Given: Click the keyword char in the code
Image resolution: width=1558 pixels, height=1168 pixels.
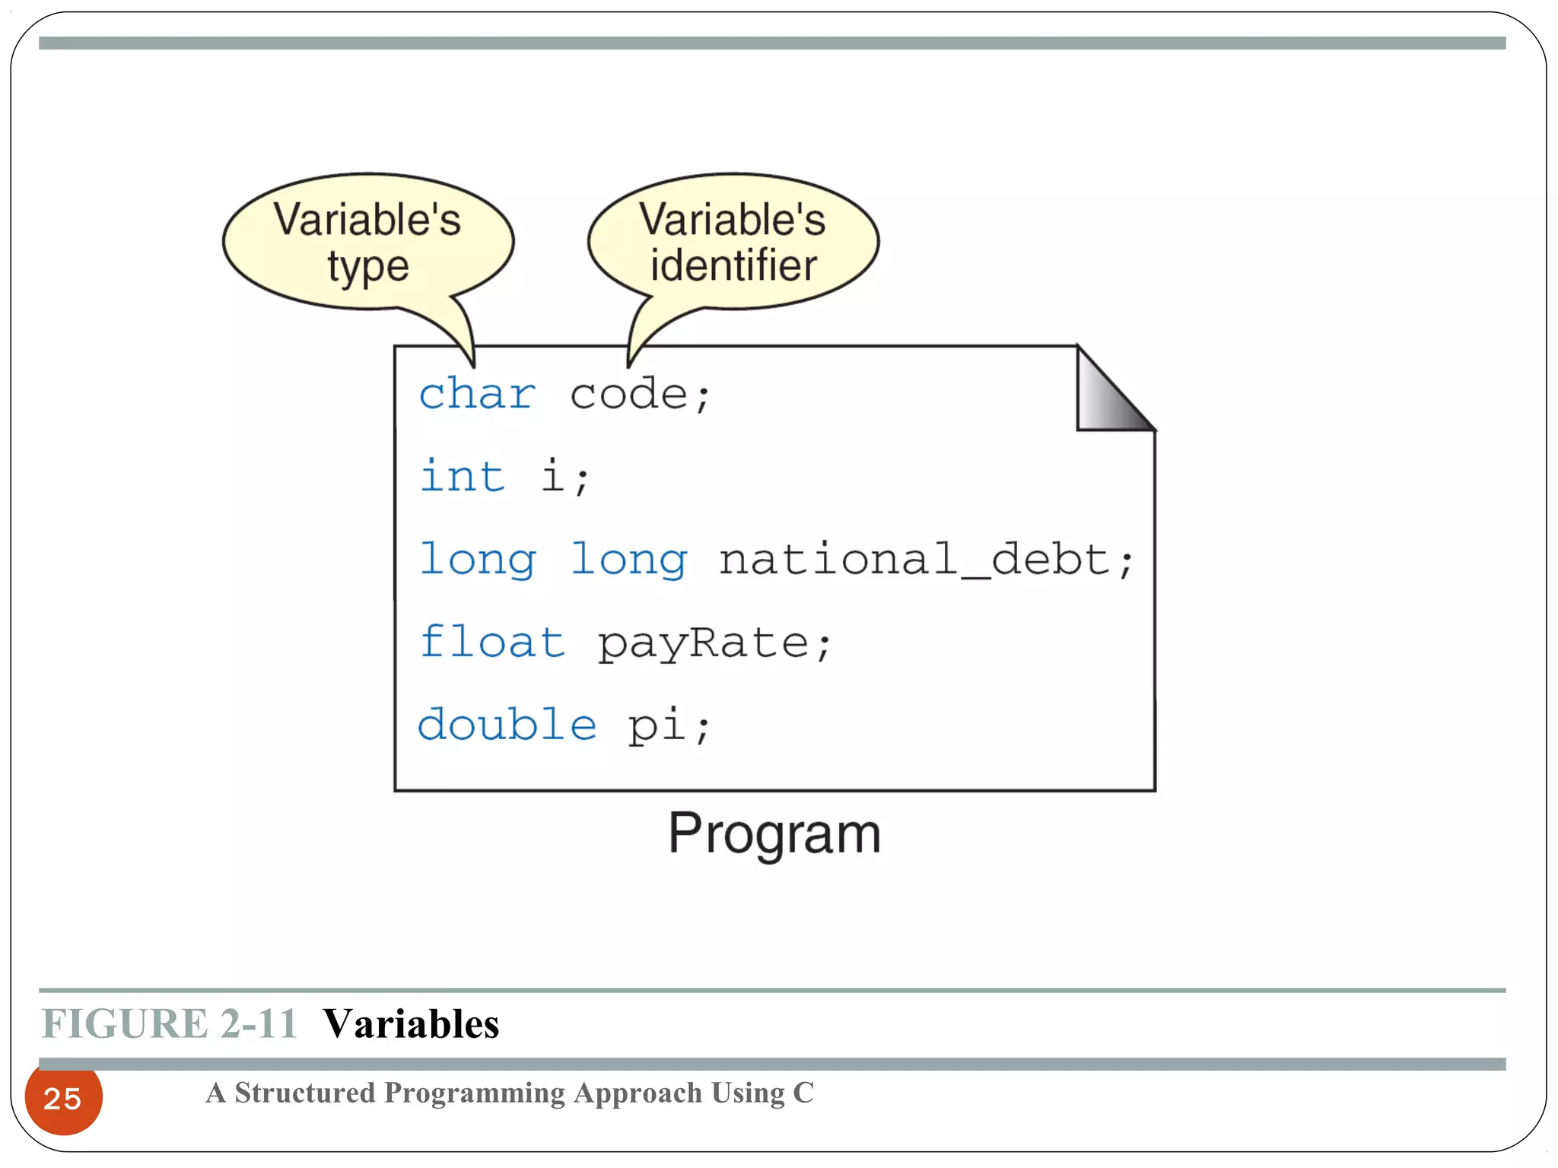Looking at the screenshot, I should pos(477,395).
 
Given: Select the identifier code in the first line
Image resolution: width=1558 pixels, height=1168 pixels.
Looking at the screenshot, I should pos(628,395).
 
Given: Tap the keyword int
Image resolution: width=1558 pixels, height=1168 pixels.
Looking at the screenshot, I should pos(463,477).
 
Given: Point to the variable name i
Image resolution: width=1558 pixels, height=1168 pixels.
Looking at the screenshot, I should pos(553,477).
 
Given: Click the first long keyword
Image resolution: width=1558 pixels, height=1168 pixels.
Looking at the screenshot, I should pos(477,560).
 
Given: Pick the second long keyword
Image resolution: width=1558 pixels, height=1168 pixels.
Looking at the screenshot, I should pos(628,560).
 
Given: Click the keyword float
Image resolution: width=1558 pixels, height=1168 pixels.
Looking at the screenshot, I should pos(492,643).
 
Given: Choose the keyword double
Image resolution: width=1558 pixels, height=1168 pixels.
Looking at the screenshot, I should pos(507,725).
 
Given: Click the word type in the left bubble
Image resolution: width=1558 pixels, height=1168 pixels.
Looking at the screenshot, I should pos(368,268).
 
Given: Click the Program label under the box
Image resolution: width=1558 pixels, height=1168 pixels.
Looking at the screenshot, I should pos(774,834).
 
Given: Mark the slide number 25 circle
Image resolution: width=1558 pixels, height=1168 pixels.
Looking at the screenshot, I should pos(63,1098).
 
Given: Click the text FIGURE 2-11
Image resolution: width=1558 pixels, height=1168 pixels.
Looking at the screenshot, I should pos(169,1024).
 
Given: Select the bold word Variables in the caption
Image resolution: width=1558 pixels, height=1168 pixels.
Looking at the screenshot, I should pos(411,1024).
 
